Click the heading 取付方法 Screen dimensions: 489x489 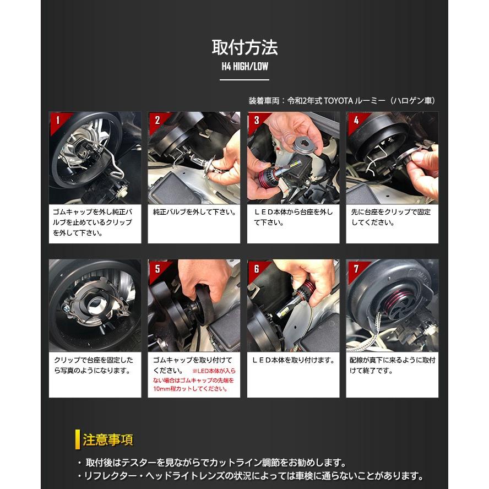pyautogui.click(x=244, y=47)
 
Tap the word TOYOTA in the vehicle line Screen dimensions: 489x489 pyautogui.click(x=340, y=101)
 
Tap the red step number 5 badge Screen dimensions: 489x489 pyautogui.click(x=156, y=268)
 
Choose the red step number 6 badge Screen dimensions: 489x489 pyautogui.click(x=256, y=268)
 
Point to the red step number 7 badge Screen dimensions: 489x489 pyautogui.click(x=355, y=268)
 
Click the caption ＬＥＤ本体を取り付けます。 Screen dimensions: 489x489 pyautogui.click(x=294, y=360)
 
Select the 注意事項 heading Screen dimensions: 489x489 pyautogui.click(x=108, y=440)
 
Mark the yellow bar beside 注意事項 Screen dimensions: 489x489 pyautogui.click(x=78, y=440)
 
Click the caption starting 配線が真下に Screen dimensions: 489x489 pyautogui.click(x=392, y=365)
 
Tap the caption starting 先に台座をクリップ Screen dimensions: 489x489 pyautogui.click(x=391, y=218)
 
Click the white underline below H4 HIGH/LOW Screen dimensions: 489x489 pyautogui.click(x=244, y=80)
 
